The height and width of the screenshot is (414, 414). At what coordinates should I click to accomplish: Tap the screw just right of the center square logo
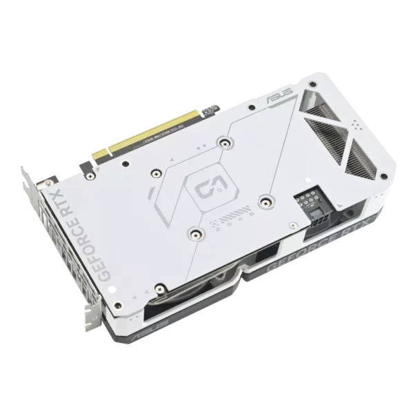265,200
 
